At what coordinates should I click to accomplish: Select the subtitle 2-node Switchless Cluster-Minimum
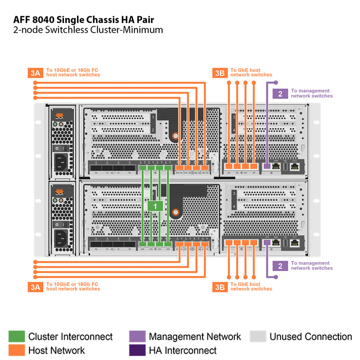88,30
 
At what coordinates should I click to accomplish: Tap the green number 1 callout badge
155,206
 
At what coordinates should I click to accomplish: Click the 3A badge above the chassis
36,72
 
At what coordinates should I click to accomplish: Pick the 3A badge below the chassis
36,286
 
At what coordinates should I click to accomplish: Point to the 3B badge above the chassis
219,72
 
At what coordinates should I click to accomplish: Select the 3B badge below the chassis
219,286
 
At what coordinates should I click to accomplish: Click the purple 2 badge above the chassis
280,94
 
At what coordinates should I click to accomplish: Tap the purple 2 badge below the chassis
280,266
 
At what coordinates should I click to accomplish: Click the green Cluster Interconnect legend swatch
17,337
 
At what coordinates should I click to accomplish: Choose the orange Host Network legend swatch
17,350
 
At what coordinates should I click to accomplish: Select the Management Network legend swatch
137,337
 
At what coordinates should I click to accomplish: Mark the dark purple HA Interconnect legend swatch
137,350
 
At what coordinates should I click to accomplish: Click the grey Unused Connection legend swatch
258,337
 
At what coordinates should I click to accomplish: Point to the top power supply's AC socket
63,162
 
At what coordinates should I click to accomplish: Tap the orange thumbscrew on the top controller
175,135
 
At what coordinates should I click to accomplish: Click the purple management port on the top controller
266,166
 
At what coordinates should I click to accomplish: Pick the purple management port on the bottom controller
266,243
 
